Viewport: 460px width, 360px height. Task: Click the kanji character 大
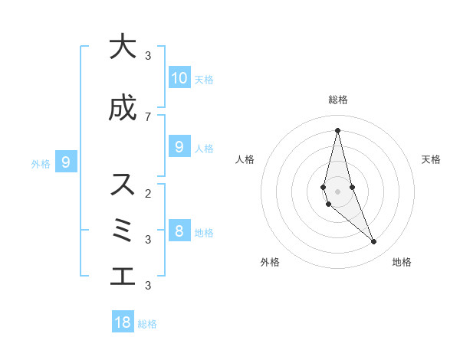[122, 47]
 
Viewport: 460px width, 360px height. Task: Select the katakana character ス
[122, 185]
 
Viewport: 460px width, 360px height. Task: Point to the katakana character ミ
[122, 231]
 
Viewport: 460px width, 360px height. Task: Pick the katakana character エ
[122, 277]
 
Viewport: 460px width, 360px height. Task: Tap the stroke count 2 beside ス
[148, 193]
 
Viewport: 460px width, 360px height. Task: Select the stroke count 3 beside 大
[148, 55]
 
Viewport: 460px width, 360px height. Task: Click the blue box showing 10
[179, 77]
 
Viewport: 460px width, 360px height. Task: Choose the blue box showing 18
[123, 322]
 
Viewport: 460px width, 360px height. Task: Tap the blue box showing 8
[179, 231]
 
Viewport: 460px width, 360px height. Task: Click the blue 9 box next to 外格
[66, 162]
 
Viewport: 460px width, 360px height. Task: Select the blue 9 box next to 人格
[179, 147]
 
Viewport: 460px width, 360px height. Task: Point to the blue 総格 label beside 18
[147, 324]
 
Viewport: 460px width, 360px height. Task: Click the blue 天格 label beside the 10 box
[204, 79]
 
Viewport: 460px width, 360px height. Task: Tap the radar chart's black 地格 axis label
[402, 262]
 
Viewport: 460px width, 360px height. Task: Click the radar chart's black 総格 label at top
[338, 100]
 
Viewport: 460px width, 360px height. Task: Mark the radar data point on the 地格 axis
[373, 242]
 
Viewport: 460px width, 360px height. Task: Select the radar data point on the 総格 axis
[337, 130]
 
